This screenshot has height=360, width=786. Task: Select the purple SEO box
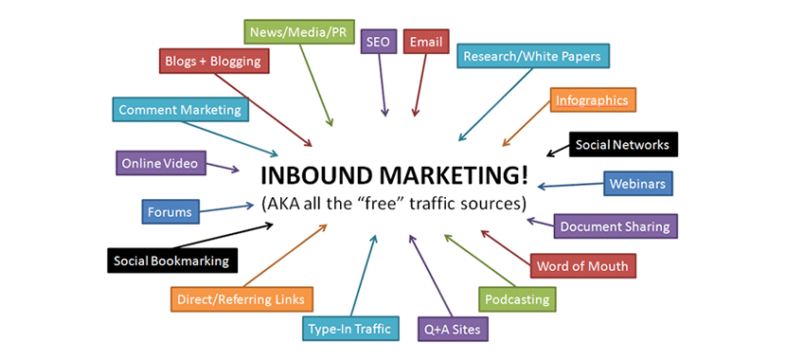(378, 43)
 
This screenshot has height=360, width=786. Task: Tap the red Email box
(423, 43)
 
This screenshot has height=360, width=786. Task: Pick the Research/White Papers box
(531, 56)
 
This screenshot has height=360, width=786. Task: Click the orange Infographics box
(590, 99)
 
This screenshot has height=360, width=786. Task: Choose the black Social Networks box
(622, 145)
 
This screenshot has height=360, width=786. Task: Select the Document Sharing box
(615, 226)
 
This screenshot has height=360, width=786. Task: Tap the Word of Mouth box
(581, 265)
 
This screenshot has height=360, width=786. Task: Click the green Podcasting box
(517, 299)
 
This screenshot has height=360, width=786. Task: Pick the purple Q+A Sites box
(454, 330)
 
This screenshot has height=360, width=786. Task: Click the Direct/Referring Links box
(241, 299)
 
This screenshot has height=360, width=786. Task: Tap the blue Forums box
(170, 211)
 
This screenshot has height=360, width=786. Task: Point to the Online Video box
(159, 163)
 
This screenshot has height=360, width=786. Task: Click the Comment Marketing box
(180, 110)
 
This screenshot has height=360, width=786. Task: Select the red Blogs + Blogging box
(214, 63)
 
